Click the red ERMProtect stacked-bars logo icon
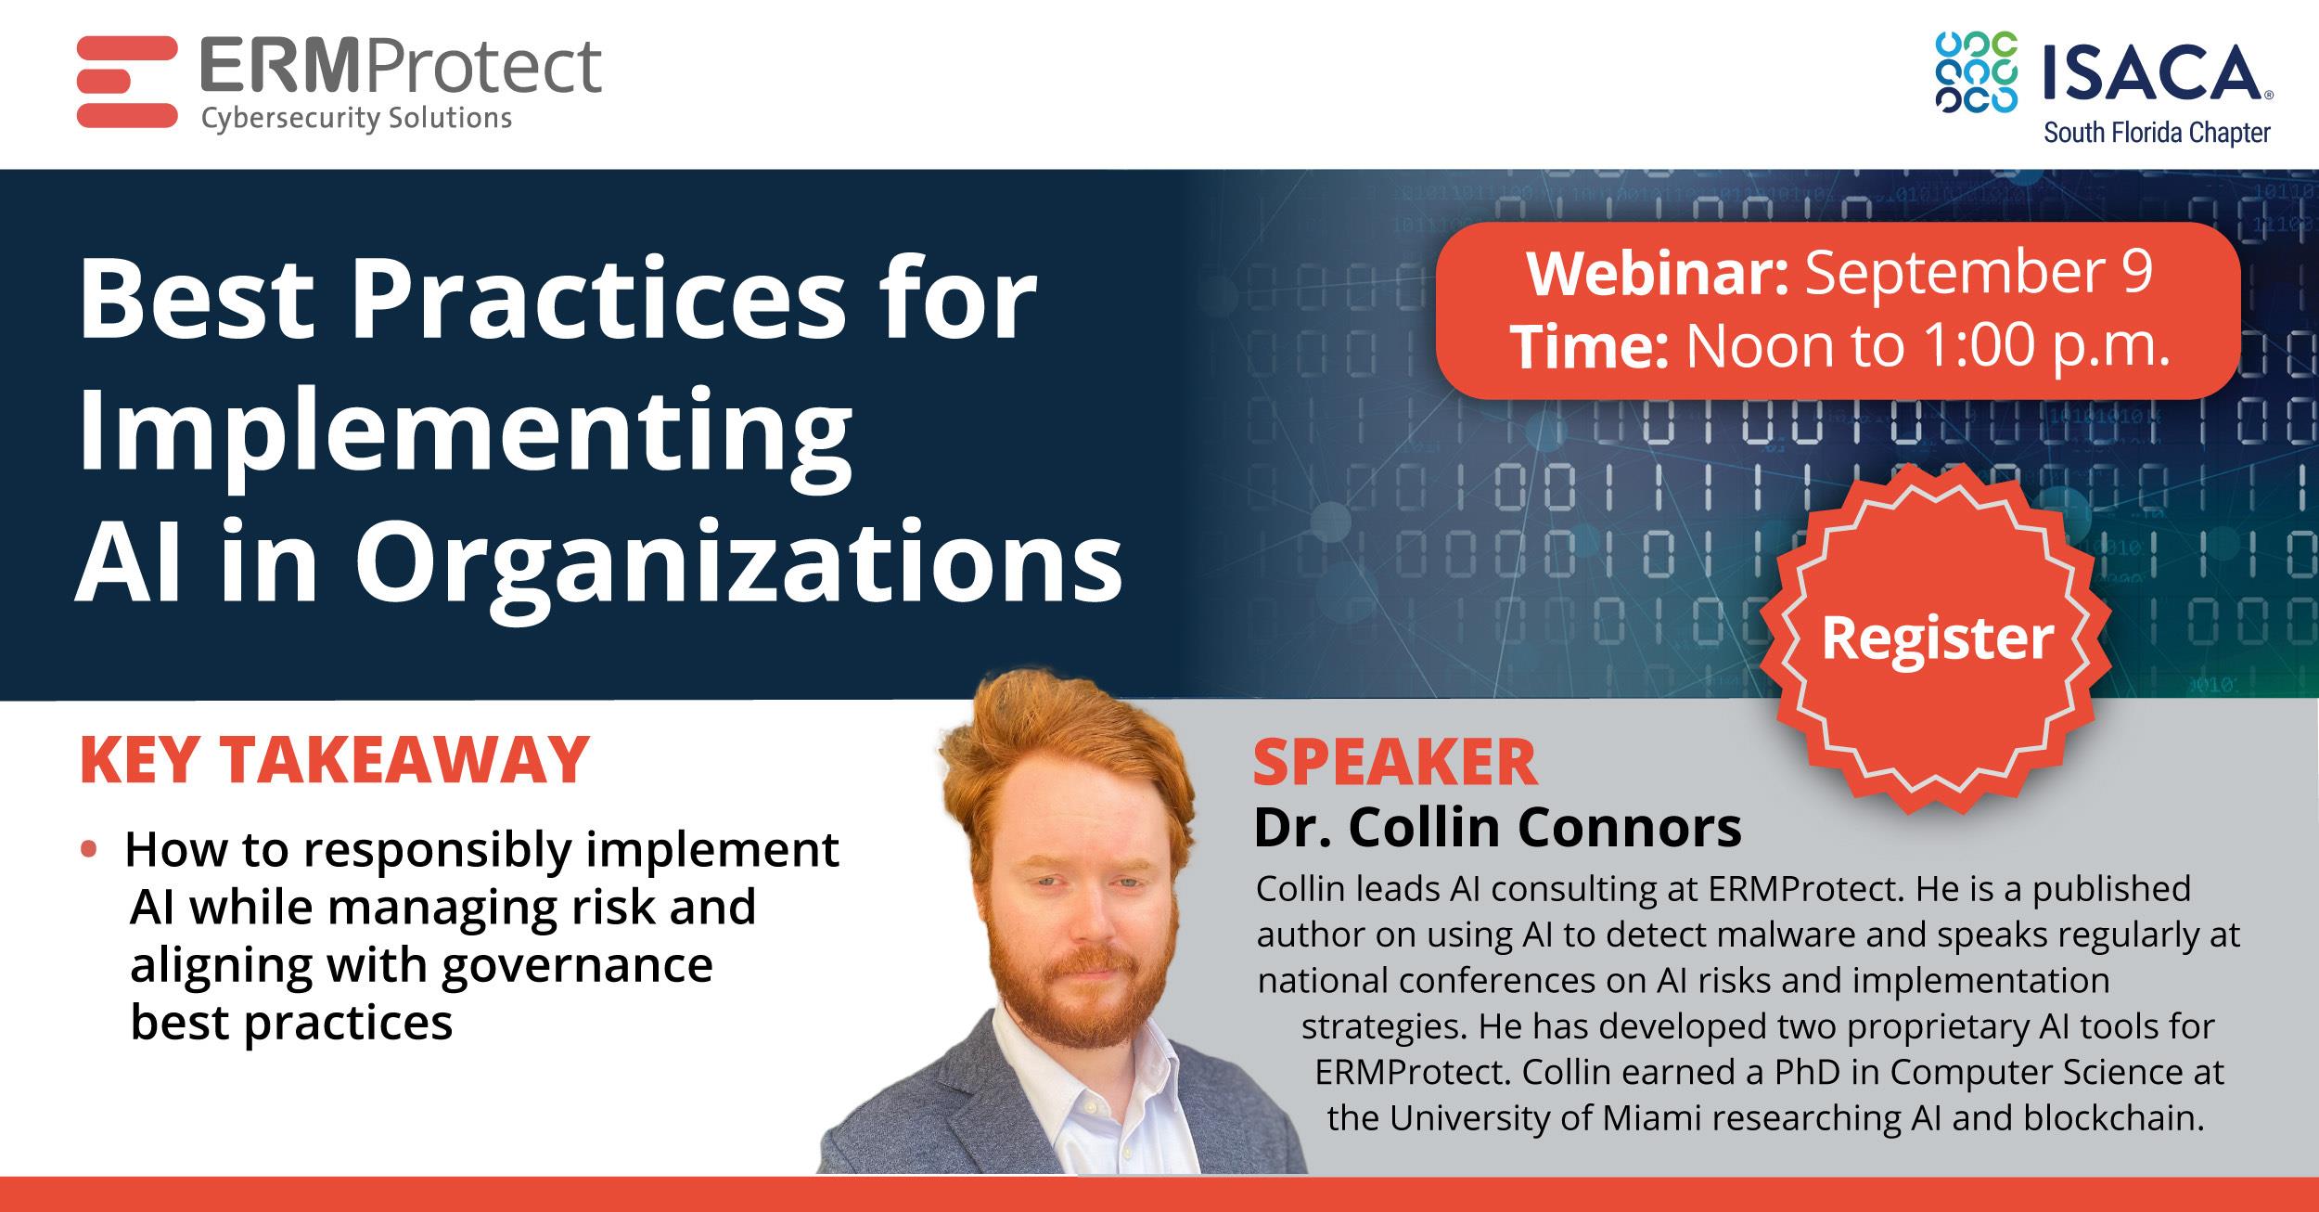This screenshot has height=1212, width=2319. coord(127,83)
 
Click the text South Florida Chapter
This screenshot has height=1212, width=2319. coord(2157,133)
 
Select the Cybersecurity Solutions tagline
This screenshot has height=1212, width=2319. coord(356,119)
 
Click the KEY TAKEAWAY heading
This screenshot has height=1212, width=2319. coord(334,761)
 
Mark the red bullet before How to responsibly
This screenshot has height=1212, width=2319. coord(89,848)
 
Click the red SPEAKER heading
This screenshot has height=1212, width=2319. coord(1395,763)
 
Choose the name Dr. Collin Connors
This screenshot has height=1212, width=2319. coord(1497,828)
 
